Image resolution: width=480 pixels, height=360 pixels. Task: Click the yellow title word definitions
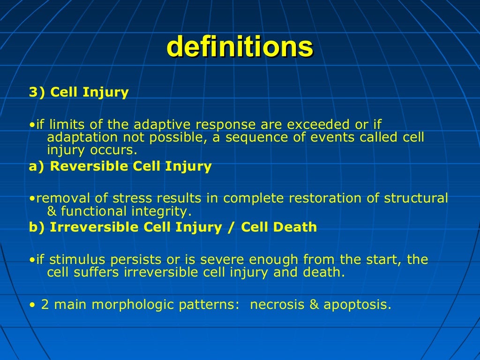[240, 47]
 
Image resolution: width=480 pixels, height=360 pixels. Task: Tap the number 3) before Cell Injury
[37, 92]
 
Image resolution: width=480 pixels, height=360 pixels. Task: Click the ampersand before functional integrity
[52, 211]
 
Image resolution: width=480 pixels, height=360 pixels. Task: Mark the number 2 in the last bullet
[45, 305]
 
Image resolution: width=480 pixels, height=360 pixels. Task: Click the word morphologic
[134, 305]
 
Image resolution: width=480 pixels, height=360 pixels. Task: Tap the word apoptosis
[356, 305]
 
